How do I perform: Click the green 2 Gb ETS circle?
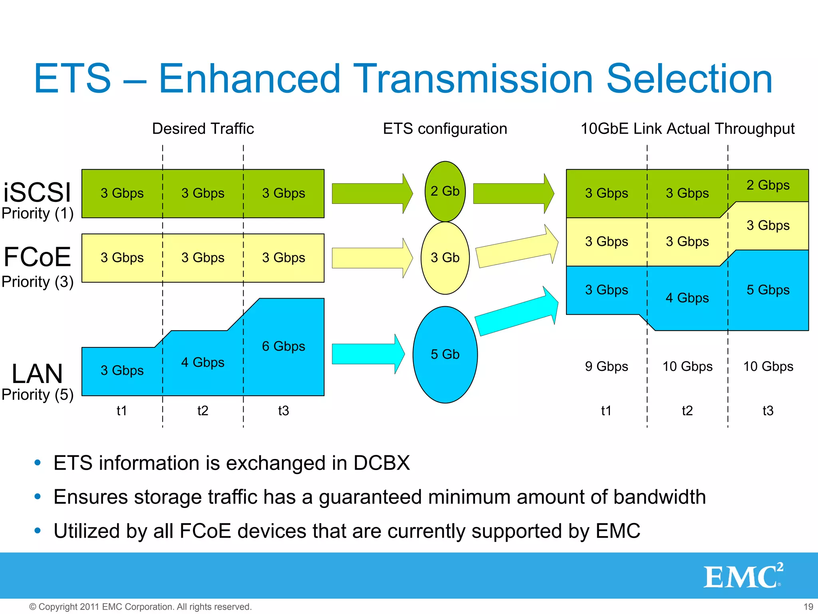(445, 191)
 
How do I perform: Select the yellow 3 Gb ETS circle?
(445, 258)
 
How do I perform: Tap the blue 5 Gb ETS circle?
(445, 355)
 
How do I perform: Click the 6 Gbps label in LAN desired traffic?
(283, 346)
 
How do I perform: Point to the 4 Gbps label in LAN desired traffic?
(203, 363)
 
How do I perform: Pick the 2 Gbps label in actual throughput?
(768, 185)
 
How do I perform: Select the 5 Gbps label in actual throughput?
(768, 290)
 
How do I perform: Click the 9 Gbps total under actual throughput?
(606, 367)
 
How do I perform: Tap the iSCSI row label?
(37, 192)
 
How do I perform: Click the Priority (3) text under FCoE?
(38, 282)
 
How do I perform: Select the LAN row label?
(37, 374)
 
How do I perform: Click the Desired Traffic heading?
(203, 129)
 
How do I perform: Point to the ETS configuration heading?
(445, 129)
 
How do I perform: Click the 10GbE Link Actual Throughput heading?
(687, 129)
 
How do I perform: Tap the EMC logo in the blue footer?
(743, 576)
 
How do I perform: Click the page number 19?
(808, 607)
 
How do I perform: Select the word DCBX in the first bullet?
(381, 463)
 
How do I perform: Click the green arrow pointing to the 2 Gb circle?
(371, 193)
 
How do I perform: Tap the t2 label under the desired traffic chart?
(203, 411)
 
